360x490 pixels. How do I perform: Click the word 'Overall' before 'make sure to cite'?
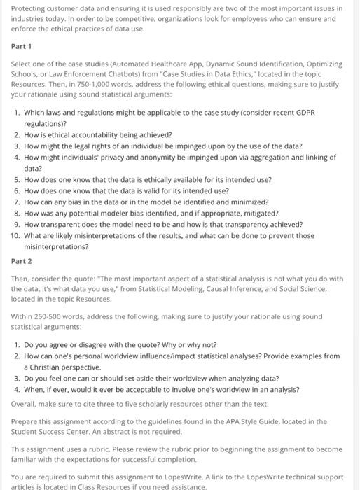[x=24, y=403]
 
